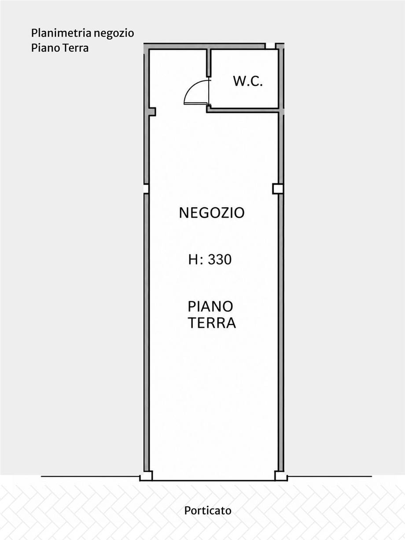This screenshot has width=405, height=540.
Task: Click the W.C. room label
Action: coord(248,81)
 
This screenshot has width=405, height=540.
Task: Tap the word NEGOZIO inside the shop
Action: coord(212,213)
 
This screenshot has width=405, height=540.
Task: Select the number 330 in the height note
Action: coord(220,260)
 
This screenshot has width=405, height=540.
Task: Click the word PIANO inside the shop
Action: coord(210,307)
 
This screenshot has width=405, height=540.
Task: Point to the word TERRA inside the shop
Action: coord(212,323)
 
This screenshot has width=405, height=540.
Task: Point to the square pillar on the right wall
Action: coord(278,189)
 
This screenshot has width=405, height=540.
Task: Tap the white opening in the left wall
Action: coord(146,189)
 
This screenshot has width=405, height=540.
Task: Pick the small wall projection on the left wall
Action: coord(153,112)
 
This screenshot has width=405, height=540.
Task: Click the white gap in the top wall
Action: coord(270,46)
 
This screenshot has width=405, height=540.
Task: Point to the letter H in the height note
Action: coord(193,260)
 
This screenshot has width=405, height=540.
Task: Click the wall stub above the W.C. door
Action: coord(209,62)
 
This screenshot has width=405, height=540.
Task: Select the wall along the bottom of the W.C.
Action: coord(243,110)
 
